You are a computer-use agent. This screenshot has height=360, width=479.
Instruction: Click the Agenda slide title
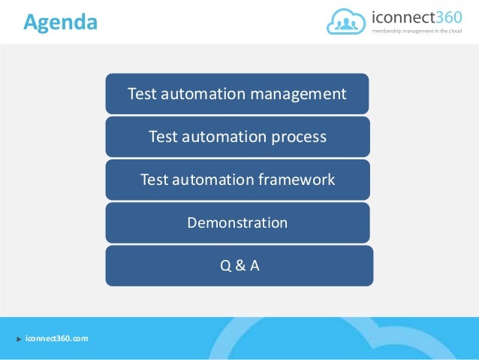click(x=60, y=23)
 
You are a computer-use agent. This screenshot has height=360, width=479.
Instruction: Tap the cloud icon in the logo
click(x=348, y=22)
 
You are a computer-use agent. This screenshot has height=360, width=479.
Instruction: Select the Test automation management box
click(x=237, y=94)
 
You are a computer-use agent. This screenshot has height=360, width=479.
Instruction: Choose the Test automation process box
click(x=237, y=137)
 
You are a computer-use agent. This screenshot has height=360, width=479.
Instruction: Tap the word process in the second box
click(x=300, y=138)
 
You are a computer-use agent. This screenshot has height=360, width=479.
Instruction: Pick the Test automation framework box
click(x=237, y=180)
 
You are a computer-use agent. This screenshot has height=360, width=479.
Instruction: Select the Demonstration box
click(x=237, y=222)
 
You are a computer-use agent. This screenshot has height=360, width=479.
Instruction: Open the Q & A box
click(x=239, y=265)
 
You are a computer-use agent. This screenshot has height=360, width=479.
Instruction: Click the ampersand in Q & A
click(x=239, y=265)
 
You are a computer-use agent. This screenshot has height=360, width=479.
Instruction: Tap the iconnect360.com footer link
click(x=56, y=339)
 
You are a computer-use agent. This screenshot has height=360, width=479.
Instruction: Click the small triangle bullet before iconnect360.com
click(x=18, y=340)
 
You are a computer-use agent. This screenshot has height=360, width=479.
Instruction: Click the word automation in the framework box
click(x=218, y=180)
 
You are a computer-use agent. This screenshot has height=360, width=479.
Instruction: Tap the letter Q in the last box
click(x=224, y=265)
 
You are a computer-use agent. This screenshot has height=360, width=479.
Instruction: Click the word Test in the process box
click(x=162, y=138)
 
